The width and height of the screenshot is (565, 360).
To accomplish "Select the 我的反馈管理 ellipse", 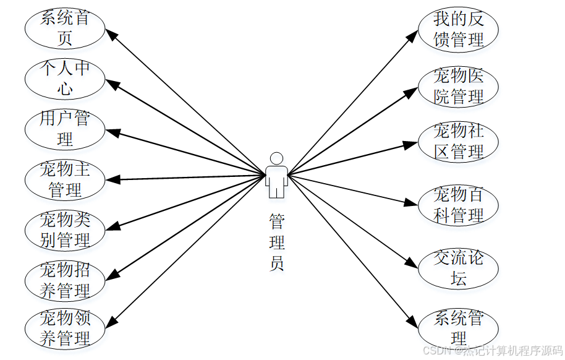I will coord(458,29).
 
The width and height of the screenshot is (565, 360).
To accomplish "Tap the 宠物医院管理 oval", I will coord(458,87).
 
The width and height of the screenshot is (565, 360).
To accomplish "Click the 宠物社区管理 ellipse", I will coord(458,142).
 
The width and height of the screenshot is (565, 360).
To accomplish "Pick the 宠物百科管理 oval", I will coord(458,205).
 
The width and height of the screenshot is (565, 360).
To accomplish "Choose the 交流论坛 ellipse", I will coord(458,268).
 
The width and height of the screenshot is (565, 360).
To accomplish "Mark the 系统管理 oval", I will coord(458,328).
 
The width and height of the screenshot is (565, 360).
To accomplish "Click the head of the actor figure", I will coord(276,158).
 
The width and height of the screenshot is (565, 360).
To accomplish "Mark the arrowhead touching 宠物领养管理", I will coord(112,320).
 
